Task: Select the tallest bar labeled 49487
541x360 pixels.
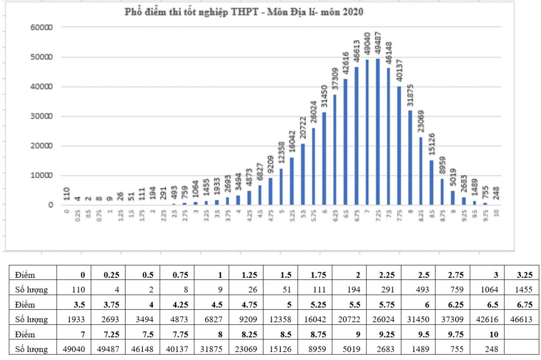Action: [378, 132]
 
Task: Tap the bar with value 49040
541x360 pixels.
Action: [367, 132]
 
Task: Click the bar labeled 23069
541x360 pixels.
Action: [421, 171]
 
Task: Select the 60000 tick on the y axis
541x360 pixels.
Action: [42, 28]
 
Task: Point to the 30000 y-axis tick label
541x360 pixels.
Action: [42, 116]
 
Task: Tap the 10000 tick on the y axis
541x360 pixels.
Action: [42, 176]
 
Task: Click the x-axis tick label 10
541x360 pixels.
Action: [496, 212]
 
